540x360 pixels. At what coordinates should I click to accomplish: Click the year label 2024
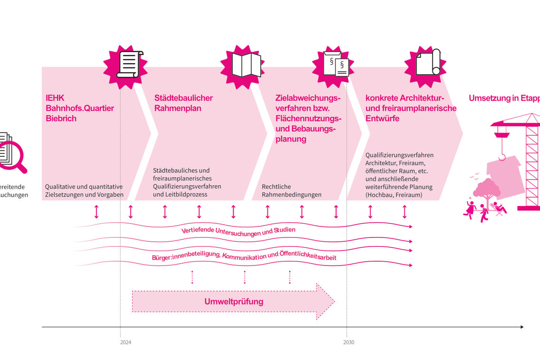pos(125,342)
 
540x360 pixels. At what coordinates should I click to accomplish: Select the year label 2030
pos(348,342)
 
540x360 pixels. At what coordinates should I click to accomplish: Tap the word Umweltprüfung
pos(234,302)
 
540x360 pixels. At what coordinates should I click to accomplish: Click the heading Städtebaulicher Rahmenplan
pos(183,103)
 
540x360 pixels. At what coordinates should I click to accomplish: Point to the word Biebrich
pos(61,118)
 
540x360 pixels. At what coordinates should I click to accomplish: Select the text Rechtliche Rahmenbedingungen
pos(292,190)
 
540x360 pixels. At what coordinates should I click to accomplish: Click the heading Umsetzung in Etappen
pos(504,98)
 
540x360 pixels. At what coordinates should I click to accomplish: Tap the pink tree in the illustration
pos(487,188)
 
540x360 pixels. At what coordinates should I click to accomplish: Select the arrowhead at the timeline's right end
pos(521,327)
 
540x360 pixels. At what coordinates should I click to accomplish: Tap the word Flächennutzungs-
pos(308,118)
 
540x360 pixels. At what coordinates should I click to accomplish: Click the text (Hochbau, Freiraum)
pos(393,195)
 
